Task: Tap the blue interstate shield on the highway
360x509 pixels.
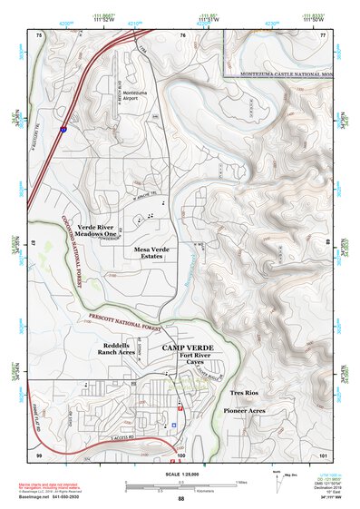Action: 63,130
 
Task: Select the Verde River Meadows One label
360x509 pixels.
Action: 99,230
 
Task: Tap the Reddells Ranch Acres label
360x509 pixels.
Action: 121,351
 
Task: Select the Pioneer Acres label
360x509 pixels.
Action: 244,410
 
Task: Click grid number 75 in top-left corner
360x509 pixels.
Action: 39,34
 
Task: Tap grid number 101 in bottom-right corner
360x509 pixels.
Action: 323,453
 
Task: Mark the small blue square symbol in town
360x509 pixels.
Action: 173,424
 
